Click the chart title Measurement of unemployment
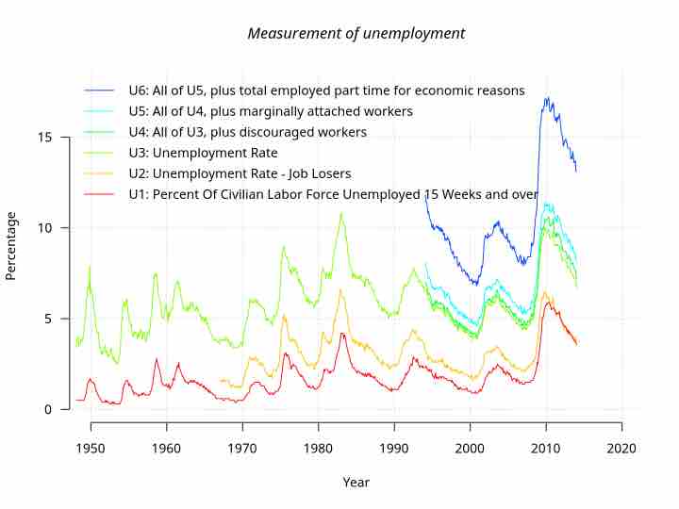point(356,33)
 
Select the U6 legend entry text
point(326,90)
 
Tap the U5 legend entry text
point(271,111)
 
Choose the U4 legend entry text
point(247,132)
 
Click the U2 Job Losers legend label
point(240,173)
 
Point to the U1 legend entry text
point(333,194)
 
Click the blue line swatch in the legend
point(99,90)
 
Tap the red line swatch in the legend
point(99,194)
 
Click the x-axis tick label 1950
point(91,449)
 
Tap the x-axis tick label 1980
point(318,449)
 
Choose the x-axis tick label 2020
point(621,449)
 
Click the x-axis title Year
point(356,483)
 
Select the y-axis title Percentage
point(11,246)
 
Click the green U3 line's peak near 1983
point(341,213)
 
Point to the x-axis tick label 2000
point(470,449)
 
